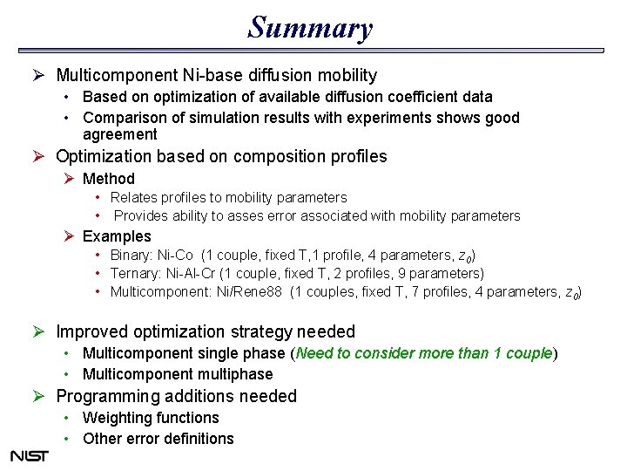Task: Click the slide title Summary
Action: [310, 28]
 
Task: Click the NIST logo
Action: [29, 455]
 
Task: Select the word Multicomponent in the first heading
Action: [114, 76]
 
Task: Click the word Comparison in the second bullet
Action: [123, 118]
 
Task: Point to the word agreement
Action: [120, 134]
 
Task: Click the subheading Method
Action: [109, 179]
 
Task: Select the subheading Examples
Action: [117, 236]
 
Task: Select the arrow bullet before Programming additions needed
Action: [39, 396]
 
